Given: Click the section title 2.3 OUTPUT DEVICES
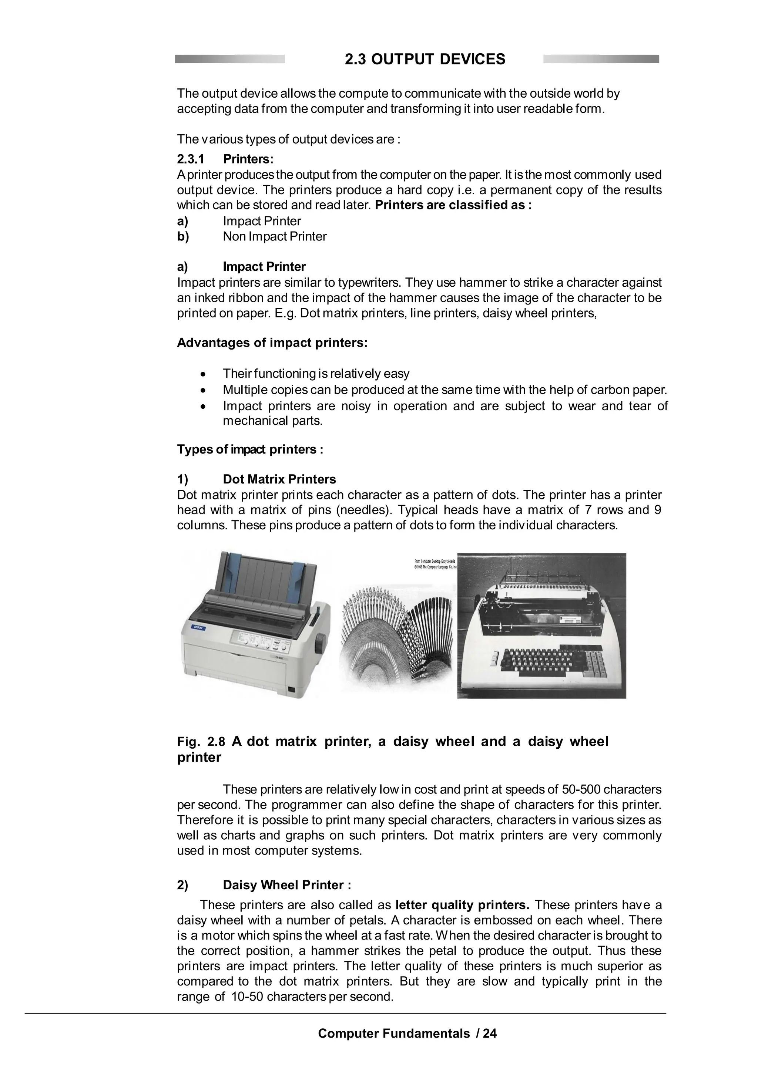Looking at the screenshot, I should click(425, 59).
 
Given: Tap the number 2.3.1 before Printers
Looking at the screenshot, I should click(191, 159).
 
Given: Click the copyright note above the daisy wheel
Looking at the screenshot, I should click(435, 564).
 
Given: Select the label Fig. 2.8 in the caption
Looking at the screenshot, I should click(201, 742).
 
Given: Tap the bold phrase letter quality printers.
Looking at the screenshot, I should click(462, 905).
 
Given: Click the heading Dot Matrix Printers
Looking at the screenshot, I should click(279, 479).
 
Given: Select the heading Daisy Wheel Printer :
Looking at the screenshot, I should click(287, 885).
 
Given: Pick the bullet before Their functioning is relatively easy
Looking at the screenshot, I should click(202, 374).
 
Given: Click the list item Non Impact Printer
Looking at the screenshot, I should click(275, 236).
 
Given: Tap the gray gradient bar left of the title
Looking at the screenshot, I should click(230, 59).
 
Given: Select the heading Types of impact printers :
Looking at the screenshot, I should click(250, 449).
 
